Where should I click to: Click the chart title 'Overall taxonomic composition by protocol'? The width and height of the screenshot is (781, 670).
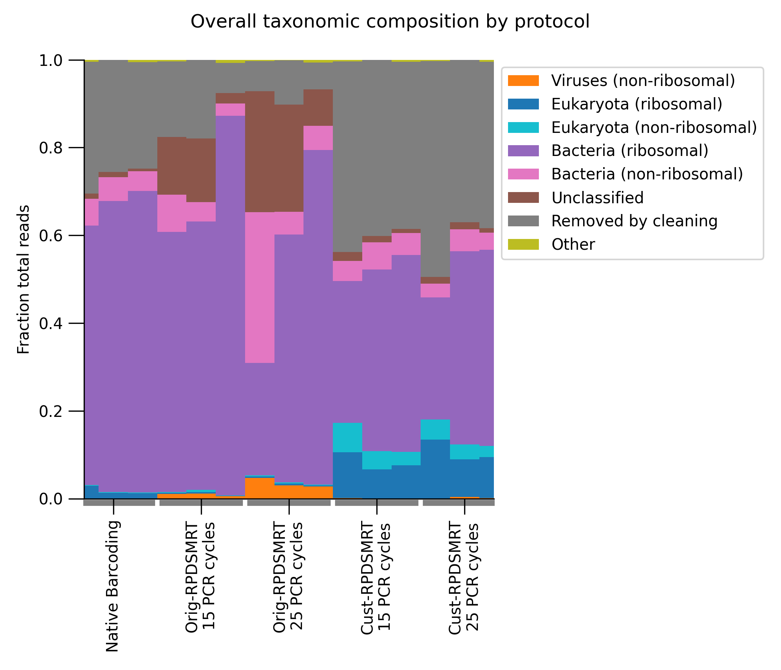pos(390,22)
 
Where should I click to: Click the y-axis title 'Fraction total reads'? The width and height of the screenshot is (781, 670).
pos(23,279)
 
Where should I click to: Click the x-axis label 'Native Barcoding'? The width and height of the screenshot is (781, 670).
pos(112,586)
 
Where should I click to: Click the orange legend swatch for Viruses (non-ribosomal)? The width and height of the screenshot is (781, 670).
pos(523,81)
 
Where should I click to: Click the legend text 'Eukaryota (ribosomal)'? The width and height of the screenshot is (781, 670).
pos(637,104)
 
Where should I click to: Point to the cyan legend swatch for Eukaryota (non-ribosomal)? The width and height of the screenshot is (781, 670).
pos(523,128)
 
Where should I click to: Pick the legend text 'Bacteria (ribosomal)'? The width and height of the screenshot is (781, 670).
pos(630,151)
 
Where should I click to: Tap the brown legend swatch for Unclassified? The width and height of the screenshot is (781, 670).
pos(523,198)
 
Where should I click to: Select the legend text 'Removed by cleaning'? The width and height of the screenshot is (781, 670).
pos(634,221)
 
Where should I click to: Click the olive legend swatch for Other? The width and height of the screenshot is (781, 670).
pos(523,245)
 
